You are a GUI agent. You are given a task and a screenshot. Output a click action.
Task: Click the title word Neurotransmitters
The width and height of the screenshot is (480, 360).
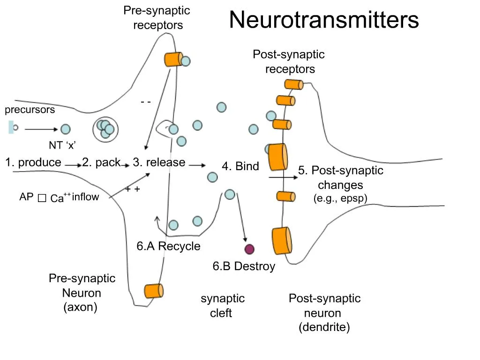pos(324,20)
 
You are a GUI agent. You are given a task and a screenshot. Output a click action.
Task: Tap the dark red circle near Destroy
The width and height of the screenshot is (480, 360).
pos(249,249)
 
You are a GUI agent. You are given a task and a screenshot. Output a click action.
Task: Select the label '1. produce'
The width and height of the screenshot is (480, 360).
pos(33,163)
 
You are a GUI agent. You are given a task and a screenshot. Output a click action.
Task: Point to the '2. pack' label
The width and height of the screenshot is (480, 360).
pos(101,163)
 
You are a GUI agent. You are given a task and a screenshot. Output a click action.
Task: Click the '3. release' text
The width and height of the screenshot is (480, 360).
pos(159,163)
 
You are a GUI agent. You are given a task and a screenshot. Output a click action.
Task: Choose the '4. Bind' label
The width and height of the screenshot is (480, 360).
pos(240,166)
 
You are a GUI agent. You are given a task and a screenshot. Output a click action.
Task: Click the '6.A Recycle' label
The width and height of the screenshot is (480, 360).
pos(168,247)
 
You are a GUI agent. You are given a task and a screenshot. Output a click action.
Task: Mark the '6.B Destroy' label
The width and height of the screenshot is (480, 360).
pos(244,267)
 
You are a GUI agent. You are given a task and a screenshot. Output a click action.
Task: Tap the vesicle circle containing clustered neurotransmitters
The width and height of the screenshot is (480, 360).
pos(105,129)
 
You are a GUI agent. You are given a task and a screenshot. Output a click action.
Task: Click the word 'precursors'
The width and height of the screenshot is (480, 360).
pos(30,110)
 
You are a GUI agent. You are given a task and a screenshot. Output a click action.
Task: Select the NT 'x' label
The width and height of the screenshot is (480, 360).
pos(62,145)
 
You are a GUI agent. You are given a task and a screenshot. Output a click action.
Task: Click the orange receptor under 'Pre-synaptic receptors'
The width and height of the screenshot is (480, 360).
pos(172,59)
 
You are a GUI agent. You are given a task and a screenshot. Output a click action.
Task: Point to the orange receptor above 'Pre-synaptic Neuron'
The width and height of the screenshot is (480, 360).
pos(154,291)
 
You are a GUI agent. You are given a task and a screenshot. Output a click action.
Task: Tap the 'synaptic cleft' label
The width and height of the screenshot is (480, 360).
pos(222,306)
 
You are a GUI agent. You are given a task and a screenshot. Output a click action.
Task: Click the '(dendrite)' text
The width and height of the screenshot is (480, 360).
pos(324,327)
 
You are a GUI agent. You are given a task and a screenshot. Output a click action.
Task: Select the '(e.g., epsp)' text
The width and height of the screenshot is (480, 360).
pos(340,199)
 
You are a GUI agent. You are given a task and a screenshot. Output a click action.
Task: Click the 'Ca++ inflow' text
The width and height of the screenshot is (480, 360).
pos(75,197)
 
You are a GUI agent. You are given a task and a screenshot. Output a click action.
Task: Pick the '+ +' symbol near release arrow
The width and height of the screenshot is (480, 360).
pos(133,189)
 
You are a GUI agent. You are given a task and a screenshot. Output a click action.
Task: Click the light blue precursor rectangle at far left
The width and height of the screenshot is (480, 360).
pos(10,127)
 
